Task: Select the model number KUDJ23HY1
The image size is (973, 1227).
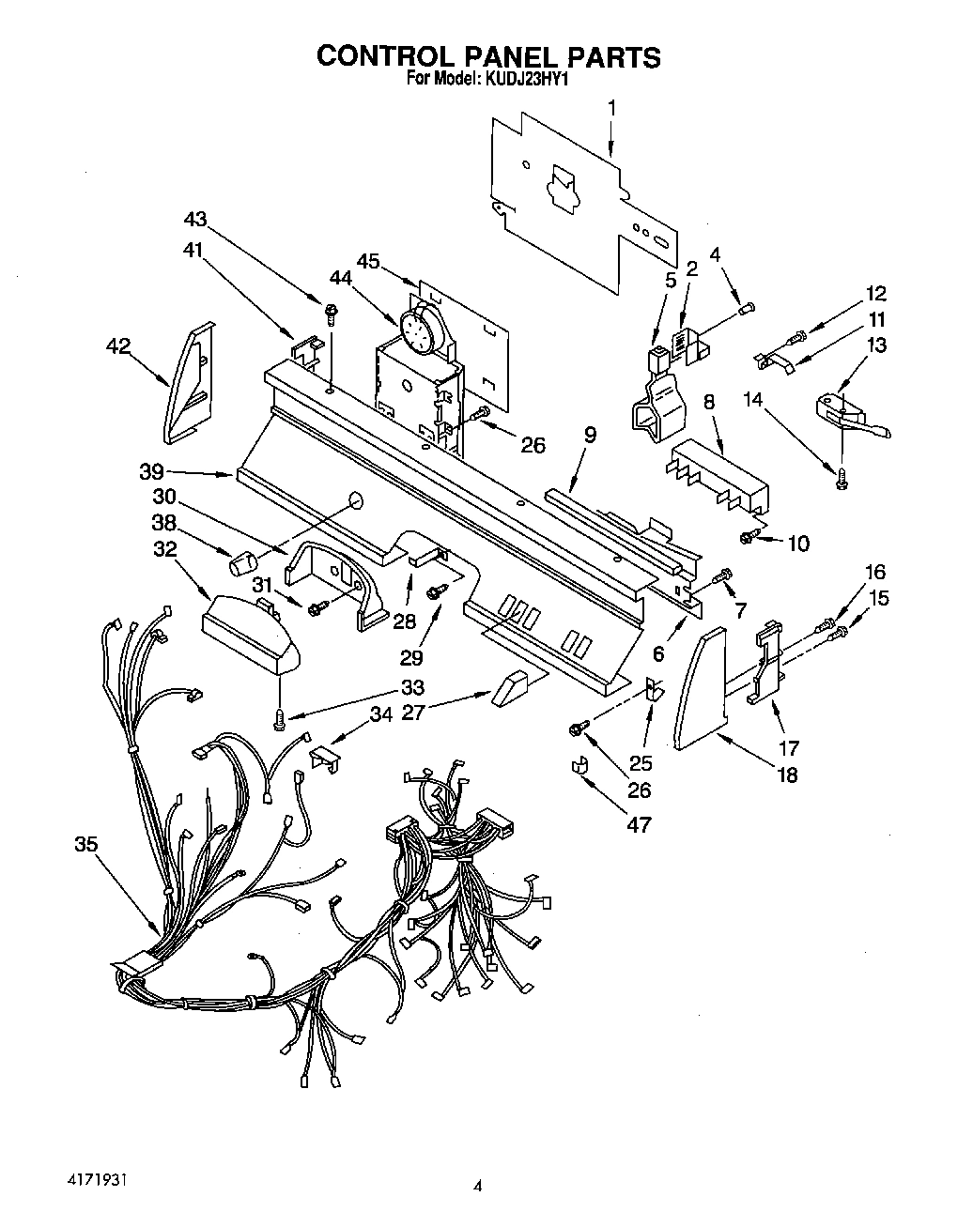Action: tap(525, 80)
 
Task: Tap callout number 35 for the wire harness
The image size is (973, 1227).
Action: tap(85, 845)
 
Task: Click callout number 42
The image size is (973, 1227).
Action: tap(117, 345)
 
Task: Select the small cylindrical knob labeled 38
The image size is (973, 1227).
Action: tap(242, 565)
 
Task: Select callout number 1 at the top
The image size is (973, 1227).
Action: tap(611, 108)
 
